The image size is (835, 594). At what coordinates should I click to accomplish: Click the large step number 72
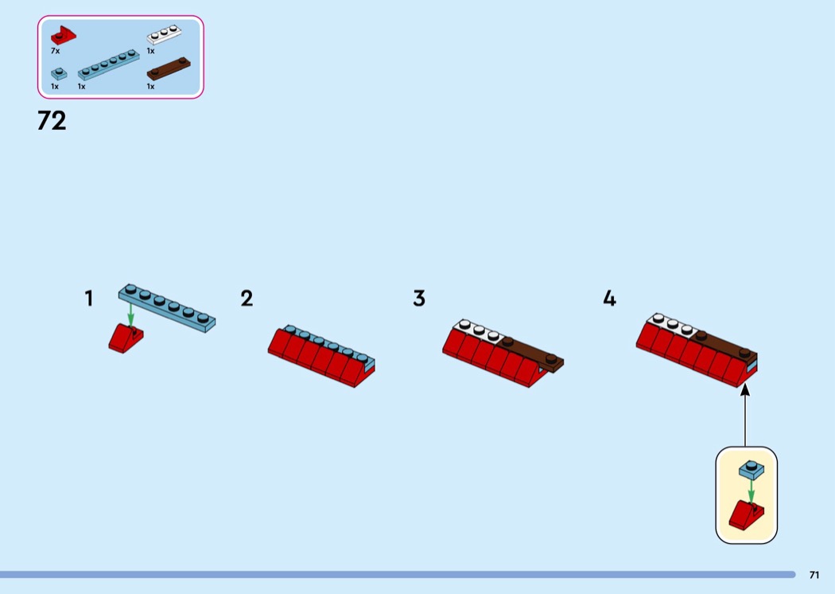pos(52,121)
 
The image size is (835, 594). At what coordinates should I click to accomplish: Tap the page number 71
pos(814,575)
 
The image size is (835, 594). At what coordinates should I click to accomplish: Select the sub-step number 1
pos(89,299)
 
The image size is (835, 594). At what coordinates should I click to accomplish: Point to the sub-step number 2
pos(247,299)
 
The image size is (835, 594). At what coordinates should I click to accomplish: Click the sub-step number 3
pos(419,299)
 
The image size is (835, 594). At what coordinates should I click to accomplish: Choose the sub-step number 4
pos(609,299)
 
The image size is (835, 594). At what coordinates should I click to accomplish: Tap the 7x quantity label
pos(55,50)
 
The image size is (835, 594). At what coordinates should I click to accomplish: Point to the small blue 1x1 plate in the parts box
pos(58,73)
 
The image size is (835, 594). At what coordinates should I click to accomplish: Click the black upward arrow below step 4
pos(745,414)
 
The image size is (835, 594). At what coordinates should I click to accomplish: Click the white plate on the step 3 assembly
pos(478,330)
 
